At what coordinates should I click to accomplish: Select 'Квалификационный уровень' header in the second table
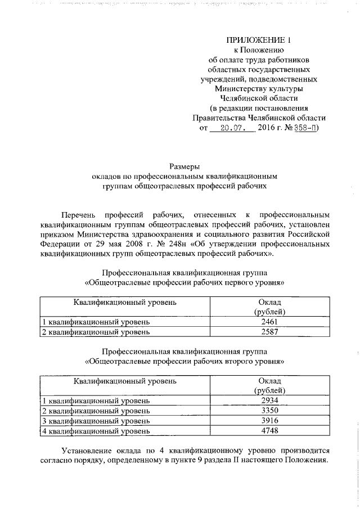tap(125, 381)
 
